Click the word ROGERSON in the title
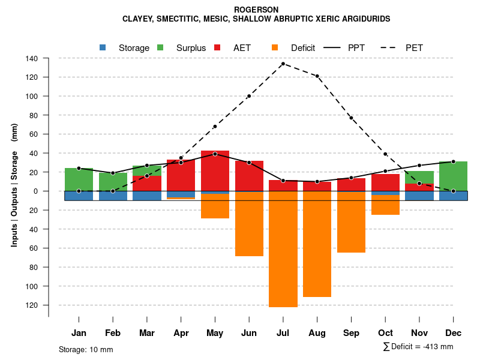pyautogui.click(x=256, y=10)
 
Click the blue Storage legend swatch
pyautogui.click(x=103, y=47)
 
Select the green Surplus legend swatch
pyautogui.click(x=160, y=47)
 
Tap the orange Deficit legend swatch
pyautogui.click(x=275, y=47)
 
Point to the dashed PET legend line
pyautogui.click(x=389, y=47)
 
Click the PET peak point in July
pyautogui.click(x=283, y=64)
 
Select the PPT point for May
pyautogui.click(x=215, y=154)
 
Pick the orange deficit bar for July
pyautogui.click(x=283, y=249)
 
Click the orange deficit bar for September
pyautogui.click(x=351, y=222)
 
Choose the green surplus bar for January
pyautogui.click(x=79, y=179)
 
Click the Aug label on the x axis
pyautogui.click(x=317, y=333)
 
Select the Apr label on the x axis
pyautogui.click(x=181, y=333)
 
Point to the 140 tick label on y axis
pyautogui.click(x=32, y=58)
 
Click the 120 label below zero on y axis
pyautogui.click(x=32, y=305)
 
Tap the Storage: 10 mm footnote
pyautogui.click(x=86, y=349)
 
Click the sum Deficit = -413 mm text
pyautogui.click(x=418, y=346)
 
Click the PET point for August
pyautogui.click(x=317, y=76)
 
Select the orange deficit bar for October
pyautogui.click(x=385, y=205)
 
